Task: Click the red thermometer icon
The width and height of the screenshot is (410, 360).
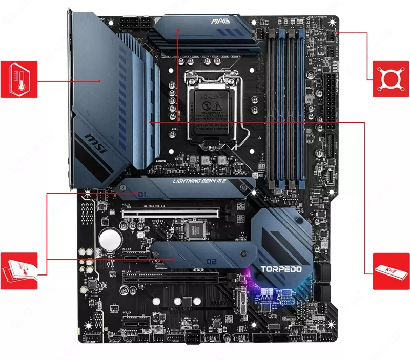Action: (x=19, y=79)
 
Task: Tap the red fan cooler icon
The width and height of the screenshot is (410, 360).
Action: (x=392, y=79)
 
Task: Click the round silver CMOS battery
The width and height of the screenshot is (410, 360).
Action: (x=110, y=238)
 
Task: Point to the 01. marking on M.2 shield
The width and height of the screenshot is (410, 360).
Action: (x=143, y=194)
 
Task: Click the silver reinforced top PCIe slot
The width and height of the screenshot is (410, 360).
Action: (x=174, y=211)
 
